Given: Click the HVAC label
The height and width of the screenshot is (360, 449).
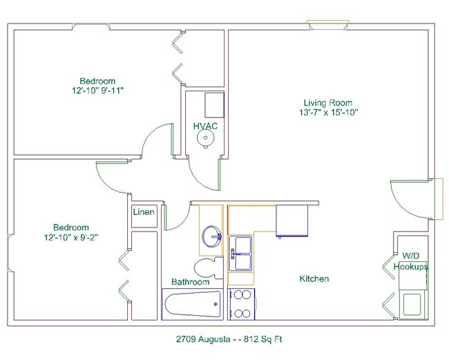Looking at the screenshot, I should point(206,125).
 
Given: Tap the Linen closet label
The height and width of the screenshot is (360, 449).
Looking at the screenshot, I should point(144,212).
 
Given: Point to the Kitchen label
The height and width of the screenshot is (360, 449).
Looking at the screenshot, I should point(314,279).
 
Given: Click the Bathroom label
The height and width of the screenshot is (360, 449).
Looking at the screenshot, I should point(190,283).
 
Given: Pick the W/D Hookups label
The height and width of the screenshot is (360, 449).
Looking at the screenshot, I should point(411,261).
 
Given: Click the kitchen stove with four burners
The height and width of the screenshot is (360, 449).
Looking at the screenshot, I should point(242,304).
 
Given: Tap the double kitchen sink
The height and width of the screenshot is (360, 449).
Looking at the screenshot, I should point(241,254).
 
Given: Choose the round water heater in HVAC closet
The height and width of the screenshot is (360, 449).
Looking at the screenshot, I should point(205,138).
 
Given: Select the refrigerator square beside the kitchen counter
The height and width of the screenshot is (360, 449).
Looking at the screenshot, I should point(290,220).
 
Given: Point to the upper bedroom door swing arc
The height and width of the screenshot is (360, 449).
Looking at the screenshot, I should point(153,140).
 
